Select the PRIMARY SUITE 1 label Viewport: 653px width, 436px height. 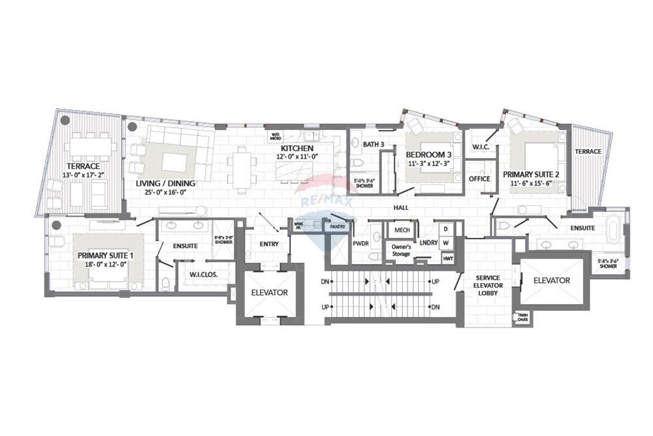point(102,255)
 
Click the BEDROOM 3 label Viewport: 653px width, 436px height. point(428,155)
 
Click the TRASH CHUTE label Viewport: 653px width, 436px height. point(522,318)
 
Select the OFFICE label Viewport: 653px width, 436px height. point(479,178)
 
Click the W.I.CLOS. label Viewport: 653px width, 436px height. point(204,275)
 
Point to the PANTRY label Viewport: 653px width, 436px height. point(337,227)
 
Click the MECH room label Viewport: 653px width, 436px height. point(402,230)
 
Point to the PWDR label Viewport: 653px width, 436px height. point(361,243)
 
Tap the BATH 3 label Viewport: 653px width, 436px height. point(373,144)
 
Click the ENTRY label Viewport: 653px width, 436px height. point(269,244)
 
